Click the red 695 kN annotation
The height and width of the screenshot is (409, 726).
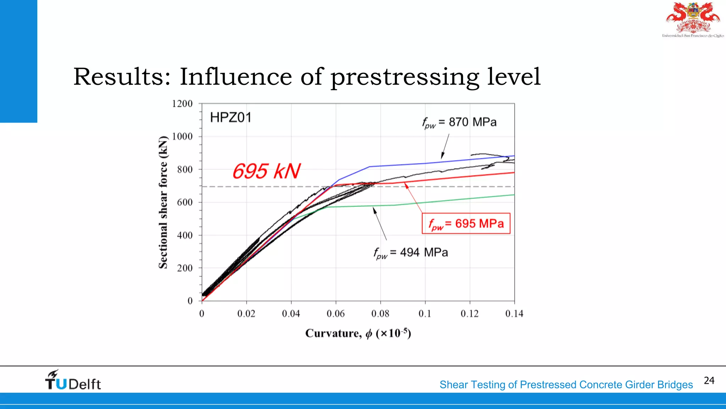click(267, 171)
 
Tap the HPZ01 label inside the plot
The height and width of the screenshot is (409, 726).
click(230, 118)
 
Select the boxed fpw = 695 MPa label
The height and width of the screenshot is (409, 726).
click(466, 224)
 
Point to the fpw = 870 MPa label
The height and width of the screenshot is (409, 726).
click(459, 122)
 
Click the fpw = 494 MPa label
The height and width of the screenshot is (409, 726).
click(411, 253)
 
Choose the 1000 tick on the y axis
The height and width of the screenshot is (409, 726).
click(182, 137)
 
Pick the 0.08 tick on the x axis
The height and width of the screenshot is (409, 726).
click(380, 313)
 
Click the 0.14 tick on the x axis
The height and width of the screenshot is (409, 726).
click(514, 313)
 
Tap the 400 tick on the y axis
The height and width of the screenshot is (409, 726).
click(185, 235)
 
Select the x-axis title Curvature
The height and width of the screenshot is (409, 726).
click(358, 333)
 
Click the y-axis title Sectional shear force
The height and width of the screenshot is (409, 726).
click(163, 202)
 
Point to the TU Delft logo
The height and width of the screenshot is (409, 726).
click(73, 380)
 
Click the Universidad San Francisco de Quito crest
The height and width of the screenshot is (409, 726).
click(693, 19)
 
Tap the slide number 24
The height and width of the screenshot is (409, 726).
click(709, 381)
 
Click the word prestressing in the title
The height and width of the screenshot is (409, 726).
click(404, 77)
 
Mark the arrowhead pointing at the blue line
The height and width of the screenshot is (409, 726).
click(442, 157)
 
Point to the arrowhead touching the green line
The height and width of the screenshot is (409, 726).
click(374, 210)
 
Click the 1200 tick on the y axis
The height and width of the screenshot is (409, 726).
click(182, 104)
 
